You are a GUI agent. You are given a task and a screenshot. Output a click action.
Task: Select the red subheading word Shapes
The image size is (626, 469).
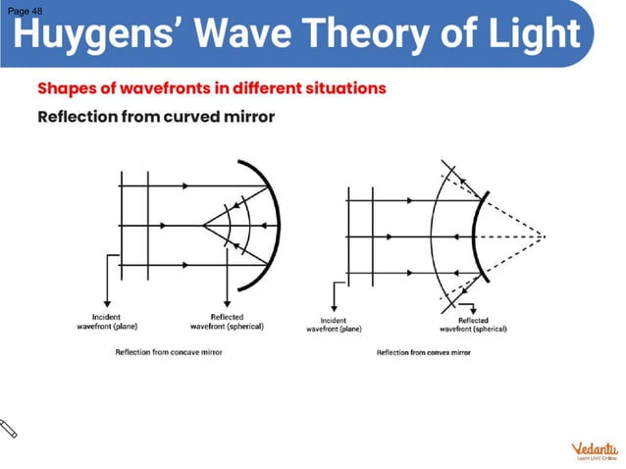click(x=69, y=88)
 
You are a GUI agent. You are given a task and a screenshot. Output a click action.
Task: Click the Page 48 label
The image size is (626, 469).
click(x=24, y=10)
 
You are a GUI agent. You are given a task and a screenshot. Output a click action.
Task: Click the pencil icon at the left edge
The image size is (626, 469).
click(x=11, y=428)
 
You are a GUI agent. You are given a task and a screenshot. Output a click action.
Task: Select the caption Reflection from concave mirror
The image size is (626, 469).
click(x=169, y=351)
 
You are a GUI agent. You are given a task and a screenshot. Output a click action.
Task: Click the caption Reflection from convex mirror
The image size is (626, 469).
click(x=423, y=351)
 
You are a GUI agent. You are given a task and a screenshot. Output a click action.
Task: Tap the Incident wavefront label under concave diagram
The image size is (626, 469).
click(x=106, y=321)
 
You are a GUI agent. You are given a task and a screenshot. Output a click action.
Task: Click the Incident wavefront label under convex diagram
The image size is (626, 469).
click(x=334, y=325)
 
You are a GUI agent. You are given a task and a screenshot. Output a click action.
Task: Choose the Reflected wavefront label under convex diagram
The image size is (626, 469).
click(x=473, y=325)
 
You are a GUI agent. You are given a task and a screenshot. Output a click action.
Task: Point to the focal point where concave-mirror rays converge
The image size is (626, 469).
click(x=201, y=227)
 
